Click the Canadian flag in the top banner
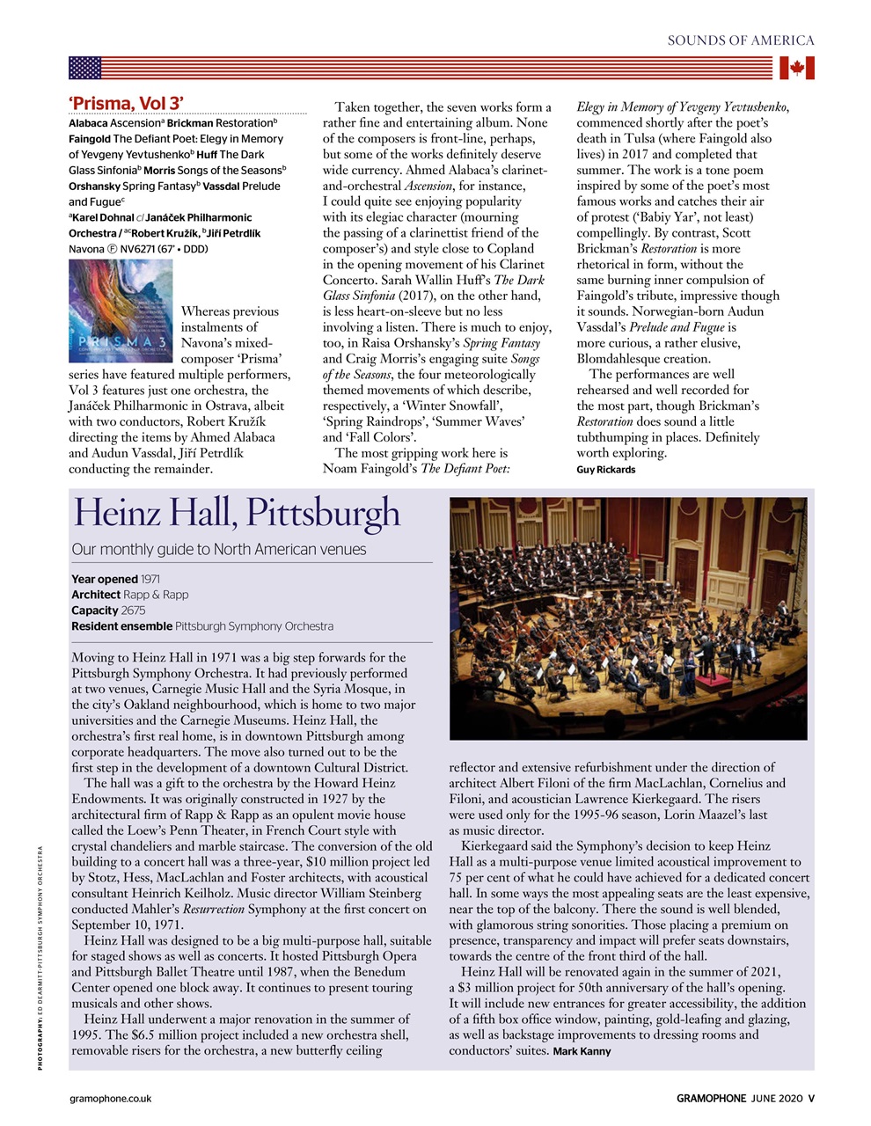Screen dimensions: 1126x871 [x=797, y=68]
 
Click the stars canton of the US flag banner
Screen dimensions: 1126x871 [x=85, y=68]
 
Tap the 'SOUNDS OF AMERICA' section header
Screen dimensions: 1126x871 [x=741, y=40]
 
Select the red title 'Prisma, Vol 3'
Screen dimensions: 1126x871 [x=127, y=104]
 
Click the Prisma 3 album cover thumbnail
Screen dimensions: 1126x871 [x=121, y=311]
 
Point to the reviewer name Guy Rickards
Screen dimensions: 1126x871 [x=606, y=470]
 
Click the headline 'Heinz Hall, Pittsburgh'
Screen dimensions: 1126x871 [x=237, y=513]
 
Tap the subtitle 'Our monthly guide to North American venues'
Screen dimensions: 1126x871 [x=219, y=550]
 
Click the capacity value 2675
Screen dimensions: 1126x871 [x=134, y=611]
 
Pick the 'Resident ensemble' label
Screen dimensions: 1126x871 [x=121, y=626]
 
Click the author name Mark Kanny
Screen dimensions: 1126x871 [x=582, y=1051]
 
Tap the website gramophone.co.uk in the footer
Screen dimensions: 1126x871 [x=111, y=1098]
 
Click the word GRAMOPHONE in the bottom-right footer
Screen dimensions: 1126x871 [x=711, y=1098]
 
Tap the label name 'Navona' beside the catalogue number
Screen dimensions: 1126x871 [x=86, y=249]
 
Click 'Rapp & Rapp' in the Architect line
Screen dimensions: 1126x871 [x=156, y=595]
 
